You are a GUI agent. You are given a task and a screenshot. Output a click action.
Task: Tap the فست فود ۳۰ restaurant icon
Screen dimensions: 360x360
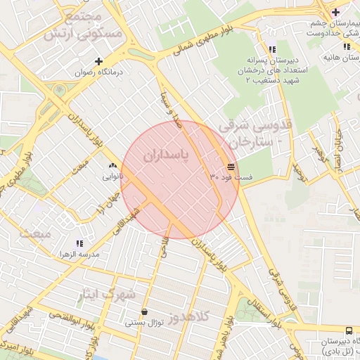coord(231,167)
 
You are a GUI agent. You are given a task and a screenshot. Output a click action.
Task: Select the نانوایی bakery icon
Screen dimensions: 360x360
coord(112,166)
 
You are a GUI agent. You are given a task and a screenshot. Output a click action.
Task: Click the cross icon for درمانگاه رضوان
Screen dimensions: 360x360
coord(98,61)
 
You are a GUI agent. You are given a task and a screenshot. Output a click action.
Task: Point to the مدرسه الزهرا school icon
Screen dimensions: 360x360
coord(78,243)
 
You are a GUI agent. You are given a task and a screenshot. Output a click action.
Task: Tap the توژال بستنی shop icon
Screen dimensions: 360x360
coord(144,312)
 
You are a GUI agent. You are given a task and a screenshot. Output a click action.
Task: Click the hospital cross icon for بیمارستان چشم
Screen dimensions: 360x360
coord(335,12)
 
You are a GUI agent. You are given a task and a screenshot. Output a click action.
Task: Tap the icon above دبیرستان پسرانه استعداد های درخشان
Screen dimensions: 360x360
coord(252,49)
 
